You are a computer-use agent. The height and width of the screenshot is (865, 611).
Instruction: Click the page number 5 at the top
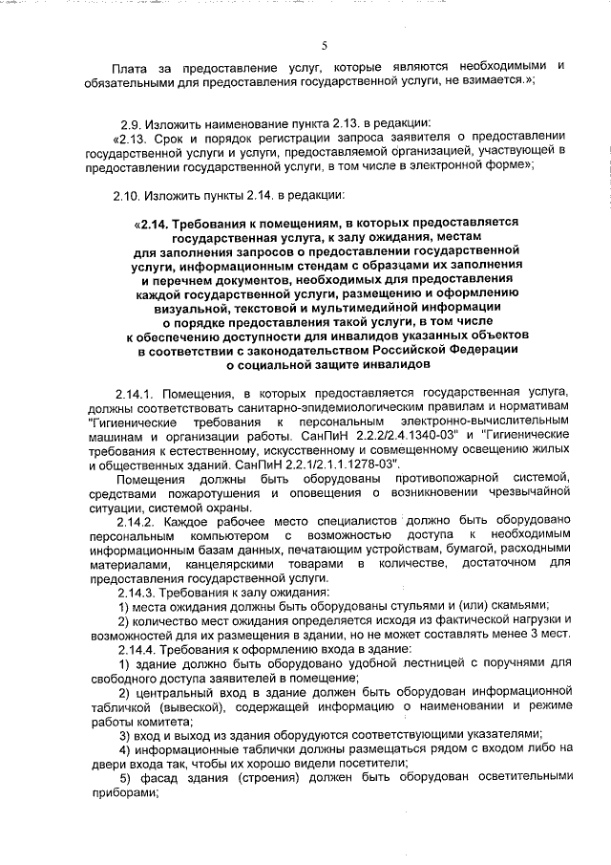point(325,44)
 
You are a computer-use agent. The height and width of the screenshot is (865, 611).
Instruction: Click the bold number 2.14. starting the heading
point(152,226)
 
